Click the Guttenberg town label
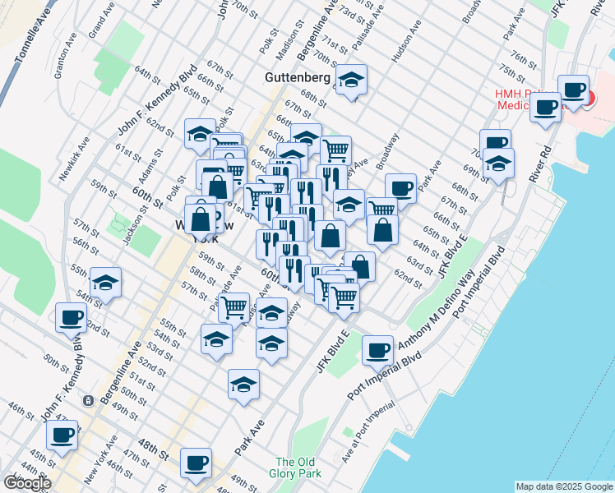point(298,78)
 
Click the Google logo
point(27,483)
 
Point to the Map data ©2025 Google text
point(564,486)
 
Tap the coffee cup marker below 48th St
point(196,463)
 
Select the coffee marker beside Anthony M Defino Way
point(377,350)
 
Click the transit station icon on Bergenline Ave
point(87,401)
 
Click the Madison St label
point(286,42)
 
